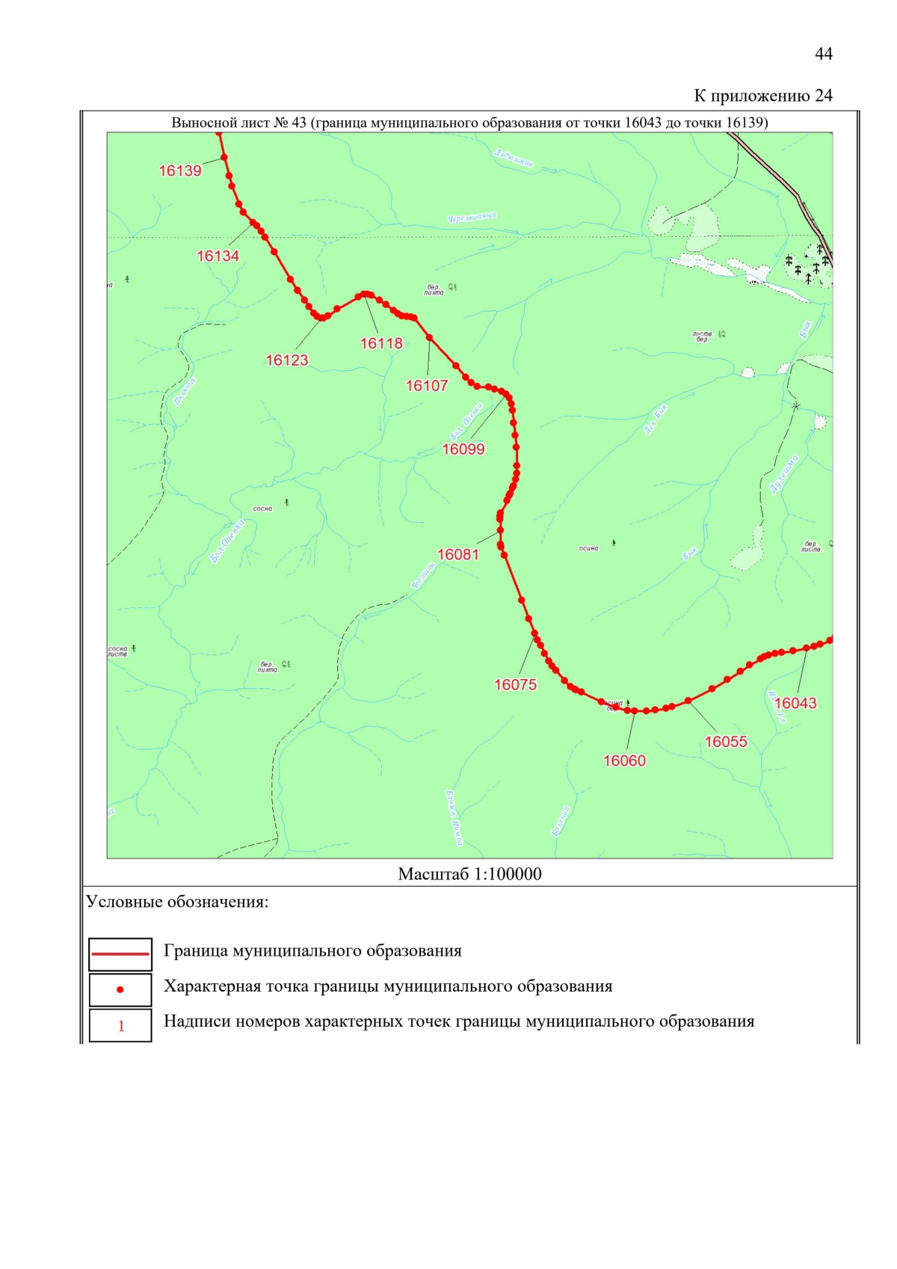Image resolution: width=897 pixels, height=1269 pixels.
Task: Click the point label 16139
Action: tap(180, 171)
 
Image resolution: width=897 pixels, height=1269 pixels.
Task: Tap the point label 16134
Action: tap(218, 256)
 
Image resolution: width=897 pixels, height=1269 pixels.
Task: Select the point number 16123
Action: tap(287, 360)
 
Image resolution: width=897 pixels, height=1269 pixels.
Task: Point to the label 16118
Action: tap(381, 344)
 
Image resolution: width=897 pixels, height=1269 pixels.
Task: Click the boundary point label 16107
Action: tap(427, 386)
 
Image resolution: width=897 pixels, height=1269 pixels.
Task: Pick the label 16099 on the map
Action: tap(463, 449)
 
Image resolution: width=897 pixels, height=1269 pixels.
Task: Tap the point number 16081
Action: tap(458, 555)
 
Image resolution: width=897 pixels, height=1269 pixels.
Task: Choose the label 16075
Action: tap(515, 685)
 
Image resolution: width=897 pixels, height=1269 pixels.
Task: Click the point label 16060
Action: tap(624, 761)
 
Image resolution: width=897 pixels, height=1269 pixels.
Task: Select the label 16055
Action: tap(726, 742)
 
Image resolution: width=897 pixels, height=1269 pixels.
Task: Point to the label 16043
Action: tap(795, 704)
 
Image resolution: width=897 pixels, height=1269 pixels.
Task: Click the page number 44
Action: tap(823, 54)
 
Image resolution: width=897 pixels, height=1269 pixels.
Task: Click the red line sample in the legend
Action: tap(120, 954)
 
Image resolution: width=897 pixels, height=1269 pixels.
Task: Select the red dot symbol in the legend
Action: tap(120, 989)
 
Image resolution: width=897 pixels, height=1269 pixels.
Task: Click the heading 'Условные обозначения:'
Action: tap(177, 902)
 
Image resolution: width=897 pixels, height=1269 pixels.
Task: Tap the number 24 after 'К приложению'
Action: tap(823, 96)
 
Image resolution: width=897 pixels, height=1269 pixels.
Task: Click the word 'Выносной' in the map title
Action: tap(198, 123)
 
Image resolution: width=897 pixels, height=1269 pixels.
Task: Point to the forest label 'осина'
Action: tap(588, 548)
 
